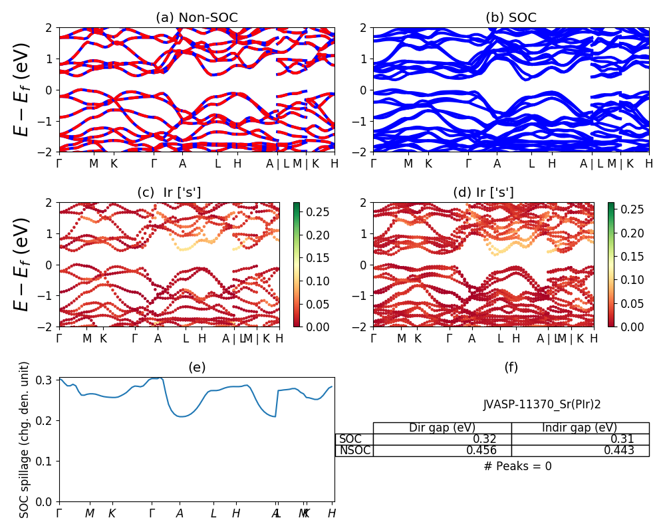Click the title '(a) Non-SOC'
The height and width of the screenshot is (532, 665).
[x=196, y=18]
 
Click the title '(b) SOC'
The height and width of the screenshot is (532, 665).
[x=511, y=18]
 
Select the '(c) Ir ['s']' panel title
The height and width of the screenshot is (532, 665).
[x=169, y=193]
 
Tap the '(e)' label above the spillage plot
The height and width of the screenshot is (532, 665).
[x=196, y=367]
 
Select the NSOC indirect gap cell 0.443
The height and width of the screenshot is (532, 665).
[x=620, y=450]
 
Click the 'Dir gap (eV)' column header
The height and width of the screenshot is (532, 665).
[x=442, y=428]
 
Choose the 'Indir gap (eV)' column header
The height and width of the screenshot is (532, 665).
[x=580, y=428]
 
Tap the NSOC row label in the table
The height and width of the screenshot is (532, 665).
[x=354, y=450]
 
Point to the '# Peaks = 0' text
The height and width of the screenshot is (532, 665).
[x=517, y=466]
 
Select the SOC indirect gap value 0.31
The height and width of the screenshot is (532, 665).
[x=624, y=439]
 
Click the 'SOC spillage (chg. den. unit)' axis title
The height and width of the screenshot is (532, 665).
[x=25, y=440]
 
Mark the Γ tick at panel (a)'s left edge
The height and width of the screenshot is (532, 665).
[x=59, y=164]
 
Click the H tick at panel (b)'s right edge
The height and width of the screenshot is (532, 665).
[x=648, y=164]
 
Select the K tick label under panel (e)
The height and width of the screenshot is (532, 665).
[x=112, y=513]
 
